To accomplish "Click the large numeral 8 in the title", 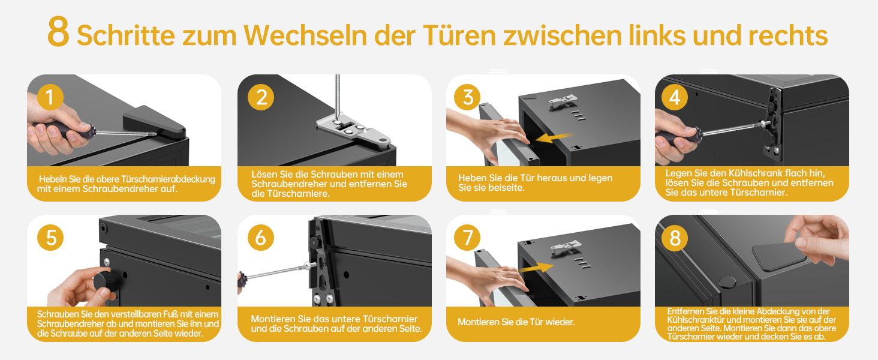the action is pyautogui.click(x=58, y=32).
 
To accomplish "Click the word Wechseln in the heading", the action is pyautogui.click(x=305, y=35).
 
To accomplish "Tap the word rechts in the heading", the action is pyautogui.click(x=788, y=35).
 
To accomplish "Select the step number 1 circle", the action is pyautogui.click(x=50, y=97).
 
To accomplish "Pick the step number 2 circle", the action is pyautogui.click(x=261, y=97).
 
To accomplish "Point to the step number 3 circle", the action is pyautogui.click(x=467, y=97).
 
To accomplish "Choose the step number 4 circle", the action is pyautogui.click(x=675, y=97).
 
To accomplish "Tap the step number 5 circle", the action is pyautogui.click(x=50, y=237).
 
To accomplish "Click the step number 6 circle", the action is pyautogui.click(x=261, y=237).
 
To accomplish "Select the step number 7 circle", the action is pyautogui.click(x=467, y=237).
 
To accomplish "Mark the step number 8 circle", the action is pyautogui.click(x=675, y=237).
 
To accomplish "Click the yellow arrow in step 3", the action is pyautogui.click(x=554, y=137).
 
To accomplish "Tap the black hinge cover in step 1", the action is pyautogui.click(x=154, y=122).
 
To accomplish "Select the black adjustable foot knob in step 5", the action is pyautogui.click(x=104, y=281).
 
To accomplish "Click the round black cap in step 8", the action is pyautogui.click(x=727, y=281).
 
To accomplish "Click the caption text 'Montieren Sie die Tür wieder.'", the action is pyautogui.click(x=516, y=322).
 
